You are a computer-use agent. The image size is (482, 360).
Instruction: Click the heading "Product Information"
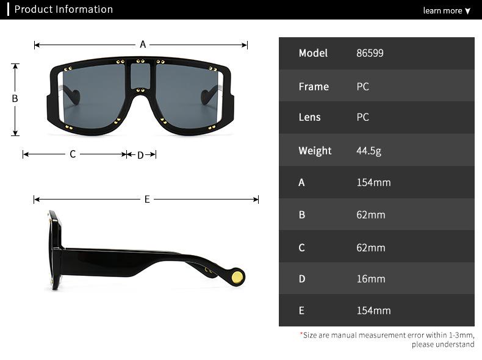[x=63, y=9]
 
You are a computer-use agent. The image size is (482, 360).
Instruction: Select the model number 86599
[x=370, y=53]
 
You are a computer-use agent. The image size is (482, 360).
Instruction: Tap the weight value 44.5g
[x=369, y=151]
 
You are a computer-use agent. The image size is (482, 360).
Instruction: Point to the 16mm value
[x=370, y=279]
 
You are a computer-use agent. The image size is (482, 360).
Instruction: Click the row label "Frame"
[x=314, y=87]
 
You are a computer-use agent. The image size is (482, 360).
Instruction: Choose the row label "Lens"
[x=309, y=117]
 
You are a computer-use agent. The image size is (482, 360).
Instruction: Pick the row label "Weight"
[x=315, y=151]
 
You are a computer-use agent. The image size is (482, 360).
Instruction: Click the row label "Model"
[x=313, y=53]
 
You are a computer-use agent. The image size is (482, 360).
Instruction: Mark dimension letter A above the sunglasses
[x=143, y=45]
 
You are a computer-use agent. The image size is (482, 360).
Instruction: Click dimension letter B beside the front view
[x=15, y=99]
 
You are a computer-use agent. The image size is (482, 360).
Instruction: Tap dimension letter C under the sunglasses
[x=73, y=154]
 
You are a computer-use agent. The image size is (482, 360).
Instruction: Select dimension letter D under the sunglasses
[x=140, y=155]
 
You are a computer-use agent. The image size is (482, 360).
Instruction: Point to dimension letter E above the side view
[x=147, y=200]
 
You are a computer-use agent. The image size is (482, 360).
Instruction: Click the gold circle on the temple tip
[x=237, y=278]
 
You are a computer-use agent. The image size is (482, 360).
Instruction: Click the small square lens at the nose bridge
[x=141, y=75]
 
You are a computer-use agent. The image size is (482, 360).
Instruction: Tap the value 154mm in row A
[x=373, y=182]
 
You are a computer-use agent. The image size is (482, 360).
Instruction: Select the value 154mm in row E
[x=373, y=311]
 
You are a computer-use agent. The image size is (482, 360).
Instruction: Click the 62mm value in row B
[x=370, y=215]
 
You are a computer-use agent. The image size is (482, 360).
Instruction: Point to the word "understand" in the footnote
[x=451, y=345]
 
